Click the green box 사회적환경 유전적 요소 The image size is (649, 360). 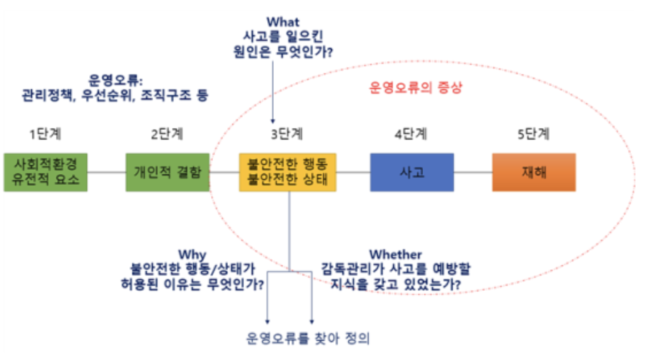(45, 172)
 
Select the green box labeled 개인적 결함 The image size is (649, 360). (168, 172)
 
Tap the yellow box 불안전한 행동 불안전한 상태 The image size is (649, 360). (288, 172)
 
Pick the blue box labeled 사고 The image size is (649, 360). (412, 172)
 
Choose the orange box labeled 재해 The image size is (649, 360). (534, 172)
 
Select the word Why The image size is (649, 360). (193, 255)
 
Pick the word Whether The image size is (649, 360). (396, 255)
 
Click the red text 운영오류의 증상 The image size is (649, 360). (415, 88)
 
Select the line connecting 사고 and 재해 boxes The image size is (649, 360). (473, 172)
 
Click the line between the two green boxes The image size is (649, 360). (107, 172)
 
